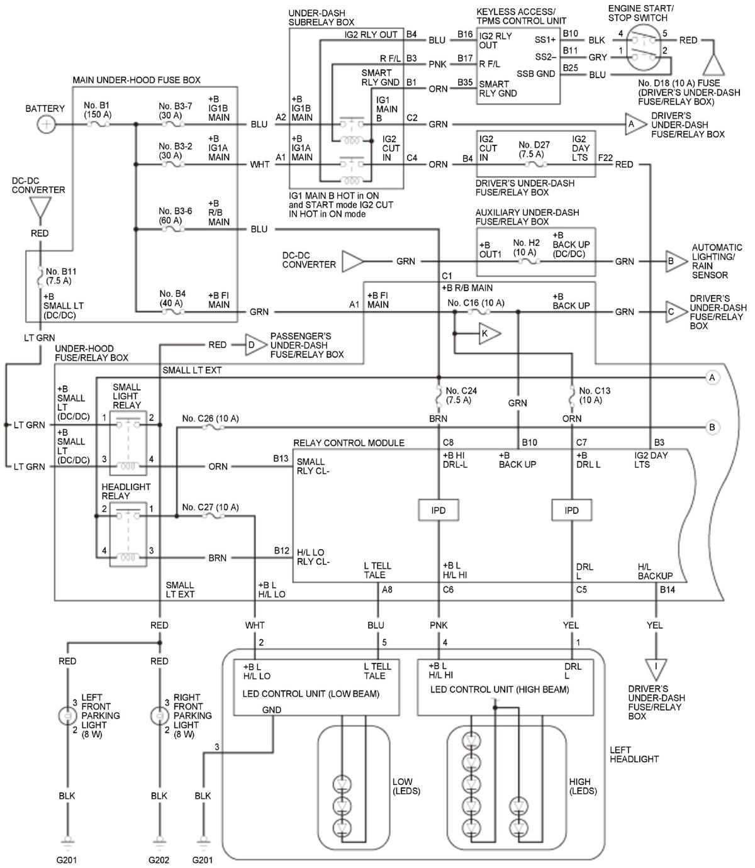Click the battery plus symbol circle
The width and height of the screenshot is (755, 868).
[x=47, y=125]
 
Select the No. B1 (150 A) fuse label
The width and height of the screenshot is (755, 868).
[x=97, y=109]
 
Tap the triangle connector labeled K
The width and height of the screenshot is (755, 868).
[x=489, y=333]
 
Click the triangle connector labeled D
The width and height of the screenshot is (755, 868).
[x=255, y=345]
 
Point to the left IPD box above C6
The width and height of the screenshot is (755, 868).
[x=439, y=510]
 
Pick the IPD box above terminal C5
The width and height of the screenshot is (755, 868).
[x=571, y=510]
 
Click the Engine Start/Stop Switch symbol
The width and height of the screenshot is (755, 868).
[x=644, y=48]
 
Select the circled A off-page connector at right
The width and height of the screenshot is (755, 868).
[x=712, y=377]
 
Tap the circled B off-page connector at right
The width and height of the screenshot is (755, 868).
[x=712, y=427]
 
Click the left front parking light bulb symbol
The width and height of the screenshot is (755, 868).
[x=67, y=716]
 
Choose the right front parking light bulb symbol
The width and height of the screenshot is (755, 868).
[x=160, y=716]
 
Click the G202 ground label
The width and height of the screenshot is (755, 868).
[x=159, y=860]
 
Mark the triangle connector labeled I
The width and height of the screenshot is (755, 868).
[x=656, y=670]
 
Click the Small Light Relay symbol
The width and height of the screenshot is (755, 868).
[x=128, y=443]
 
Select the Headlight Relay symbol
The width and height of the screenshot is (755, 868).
[x=128, y=534]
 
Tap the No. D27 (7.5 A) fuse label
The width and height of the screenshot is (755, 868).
[x=534, y=149]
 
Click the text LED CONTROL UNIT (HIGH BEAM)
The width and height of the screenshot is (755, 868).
[x=500, y=689]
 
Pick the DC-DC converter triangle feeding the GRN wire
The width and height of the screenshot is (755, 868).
[x=353, y=261]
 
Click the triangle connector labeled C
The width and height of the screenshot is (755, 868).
[x=676, y=312]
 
